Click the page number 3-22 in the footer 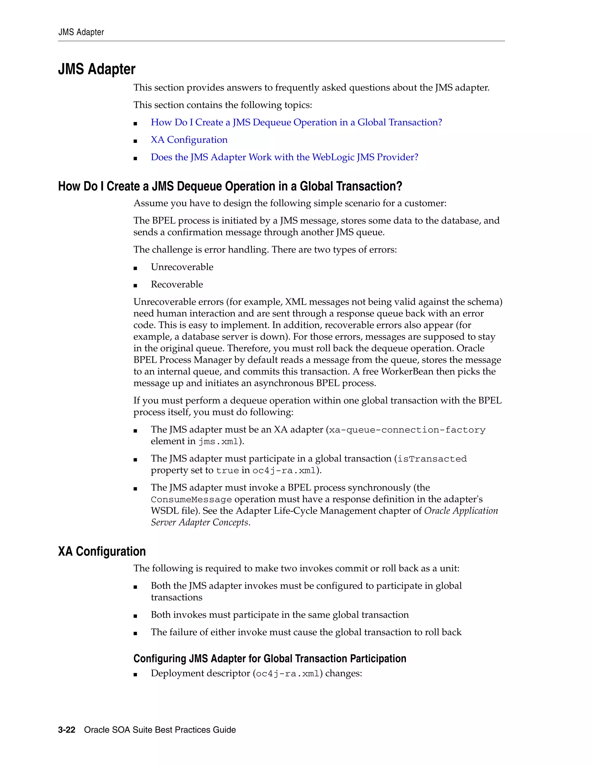point(67,730)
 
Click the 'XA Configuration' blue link point(189,140)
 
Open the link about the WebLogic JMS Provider point(284,157)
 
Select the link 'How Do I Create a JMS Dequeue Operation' point(296,122)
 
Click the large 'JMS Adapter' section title point(97,69)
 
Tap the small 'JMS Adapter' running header point(81,32)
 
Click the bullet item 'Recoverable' point(177,284)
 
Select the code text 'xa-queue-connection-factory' point(407,430)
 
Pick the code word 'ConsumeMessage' point(191,500)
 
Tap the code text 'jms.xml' point(218,442)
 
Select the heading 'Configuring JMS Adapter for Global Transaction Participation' point(270,659)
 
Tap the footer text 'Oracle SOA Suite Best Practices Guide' point(160,730)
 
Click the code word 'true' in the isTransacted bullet point(227,471)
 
